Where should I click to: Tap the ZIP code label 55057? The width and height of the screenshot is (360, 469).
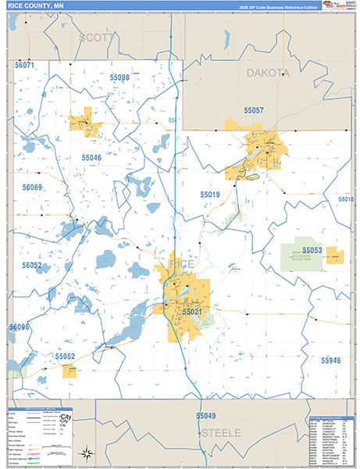254,111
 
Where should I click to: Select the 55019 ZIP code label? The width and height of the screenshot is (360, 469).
209,194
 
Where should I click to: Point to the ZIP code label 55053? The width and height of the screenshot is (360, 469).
312,250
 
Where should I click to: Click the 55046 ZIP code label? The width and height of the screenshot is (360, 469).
91,157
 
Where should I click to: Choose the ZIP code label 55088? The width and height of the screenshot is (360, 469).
119,77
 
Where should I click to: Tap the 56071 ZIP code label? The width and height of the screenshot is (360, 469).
25,65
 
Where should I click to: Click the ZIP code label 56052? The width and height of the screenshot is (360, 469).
32,266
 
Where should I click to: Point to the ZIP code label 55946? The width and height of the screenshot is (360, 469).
331,360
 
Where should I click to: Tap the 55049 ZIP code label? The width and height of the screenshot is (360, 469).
205,416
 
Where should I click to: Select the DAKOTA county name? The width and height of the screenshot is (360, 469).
268,72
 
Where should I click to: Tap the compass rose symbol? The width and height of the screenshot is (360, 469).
88,453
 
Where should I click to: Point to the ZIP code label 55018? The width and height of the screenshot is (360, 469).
347,199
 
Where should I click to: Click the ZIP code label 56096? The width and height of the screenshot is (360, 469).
18,327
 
